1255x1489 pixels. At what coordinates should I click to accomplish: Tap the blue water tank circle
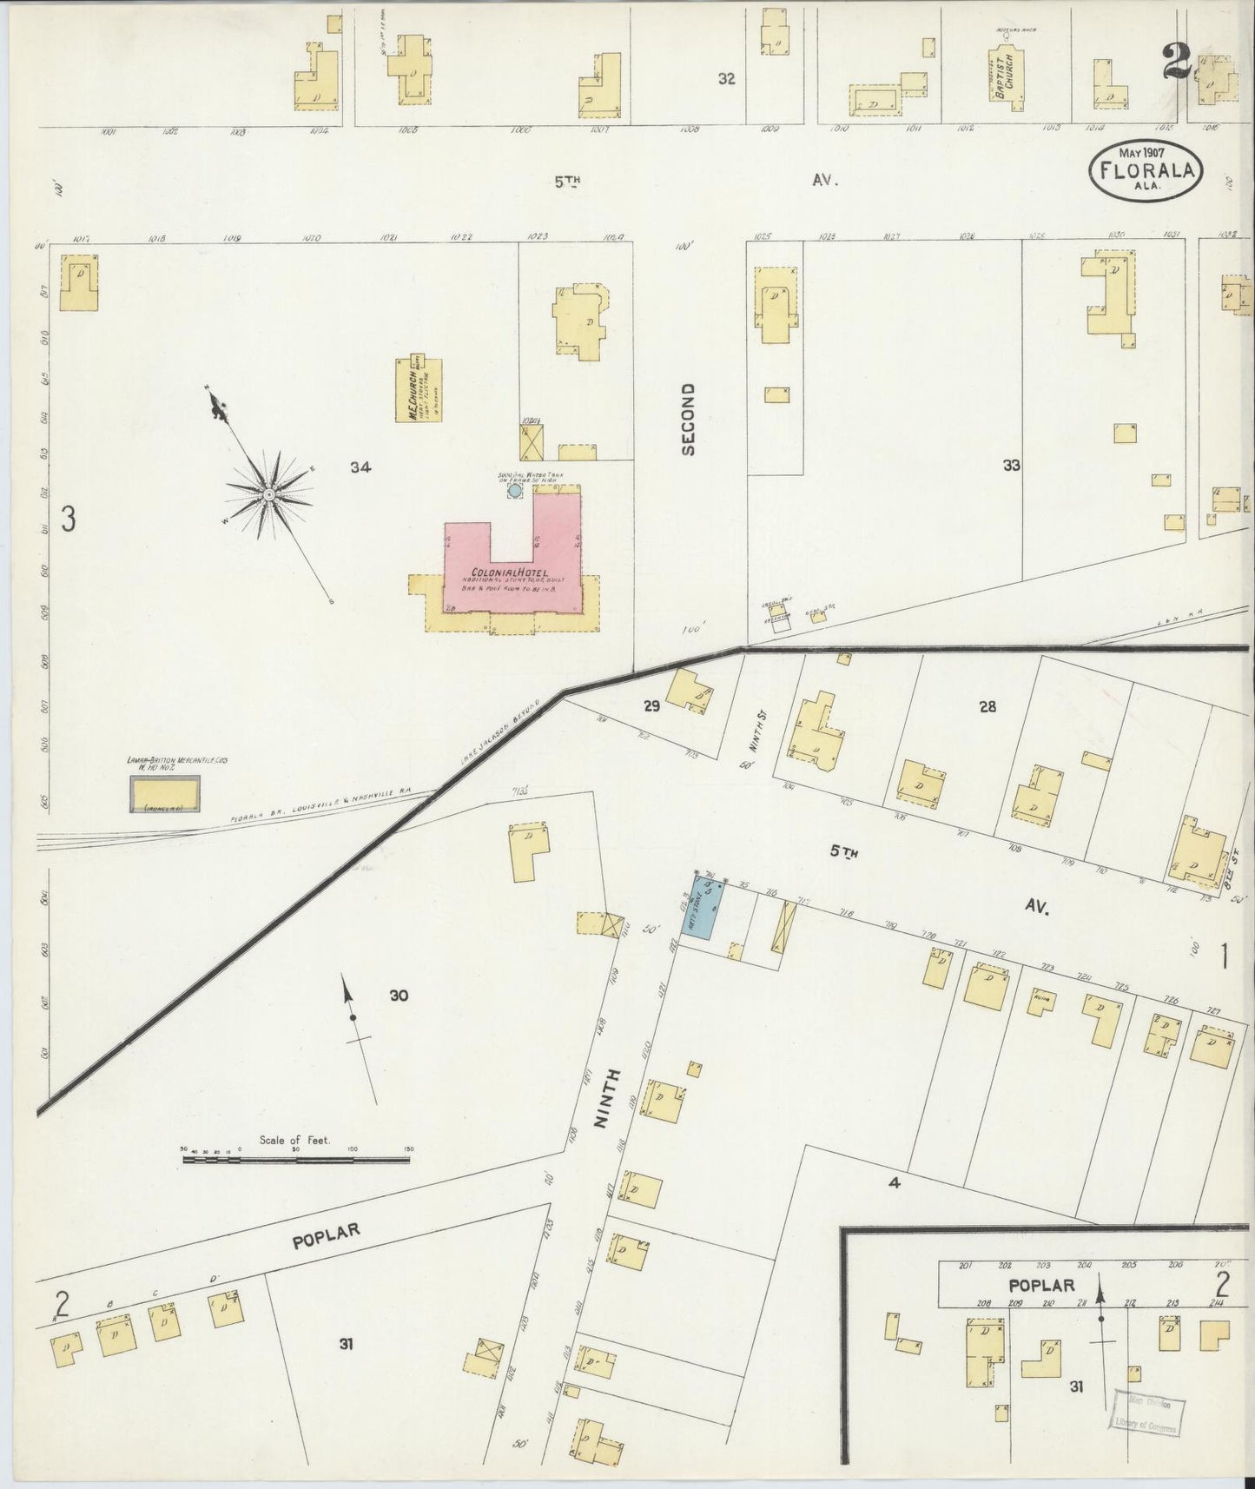click(x=515, y=491)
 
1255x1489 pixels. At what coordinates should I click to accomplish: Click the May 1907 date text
click(x=1140, y=152)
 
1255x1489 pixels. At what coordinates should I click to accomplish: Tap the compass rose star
click(x=268, y=494)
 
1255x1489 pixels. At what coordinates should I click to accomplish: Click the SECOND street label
click(x=689, y=420)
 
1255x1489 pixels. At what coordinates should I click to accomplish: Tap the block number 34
click(x=360, y=467)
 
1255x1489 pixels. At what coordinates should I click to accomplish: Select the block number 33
click(x=1010, y=466)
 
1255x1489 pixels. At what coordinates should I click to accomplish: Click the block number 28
click(x=987, y=706)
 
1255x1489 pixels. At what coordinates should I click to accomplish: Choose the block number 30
click(x=398, y=996)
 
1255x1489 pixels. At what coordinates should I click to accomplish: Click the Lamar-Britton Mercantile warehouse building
click(x=165, y=794)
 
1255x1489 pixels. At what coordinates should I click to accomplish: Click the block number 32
click(x=726, y=79)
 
